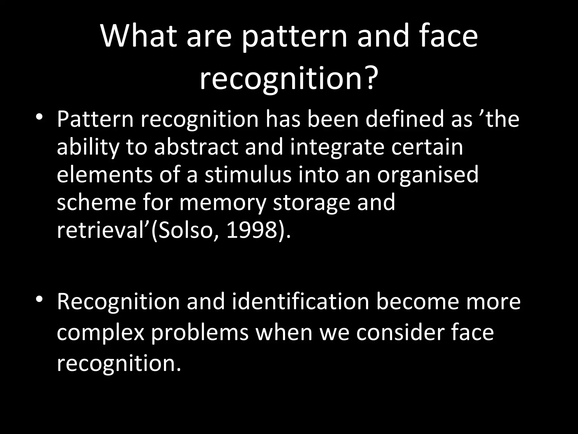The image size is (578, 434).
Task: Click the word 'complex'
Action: tap(100, 333)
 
